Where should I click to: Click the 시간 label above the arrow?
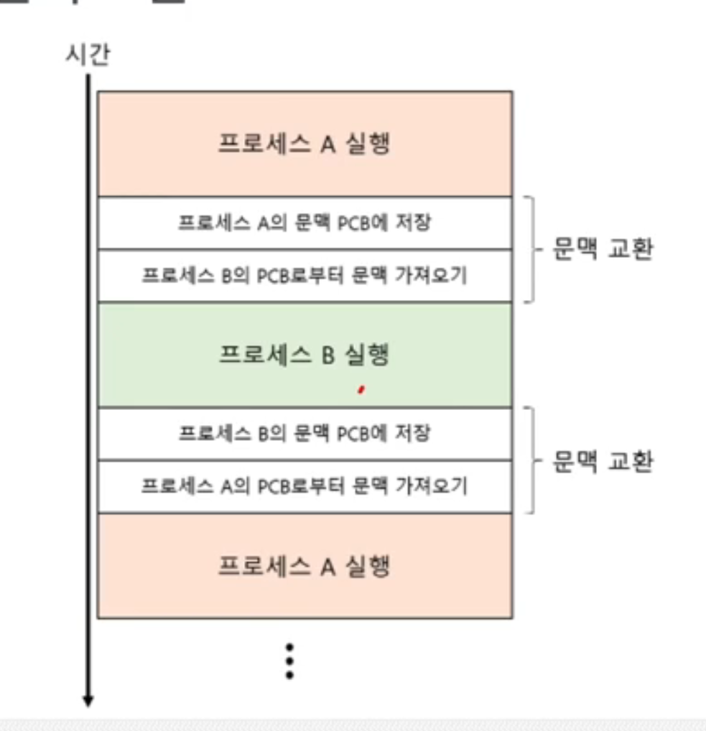tap(88, 55)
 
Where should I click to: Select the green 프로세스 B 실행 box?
tap(305, 355)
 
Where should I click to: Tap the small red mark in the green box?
tap(361, 390)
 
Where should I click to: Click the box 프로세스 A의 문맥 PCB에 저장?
tap(305, 223)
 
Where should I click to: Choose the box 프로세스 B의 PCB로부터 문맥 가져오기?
tap(305, 276)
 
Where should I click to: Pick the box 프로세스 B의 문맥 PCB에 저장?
tap(305, 434)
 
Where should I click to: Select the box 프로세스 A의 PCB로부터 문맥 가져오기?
tap(305, 487)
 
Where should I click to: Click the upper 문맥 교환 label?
tap(602, 250)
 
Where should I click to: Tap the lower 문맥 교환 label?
tap(602, 461)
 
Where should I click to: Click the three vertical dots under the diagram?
tap(289, 661)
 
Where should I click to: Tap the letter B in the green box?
tap(328, 355)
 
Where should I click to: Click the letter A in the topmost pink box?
tap(328, 144)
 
